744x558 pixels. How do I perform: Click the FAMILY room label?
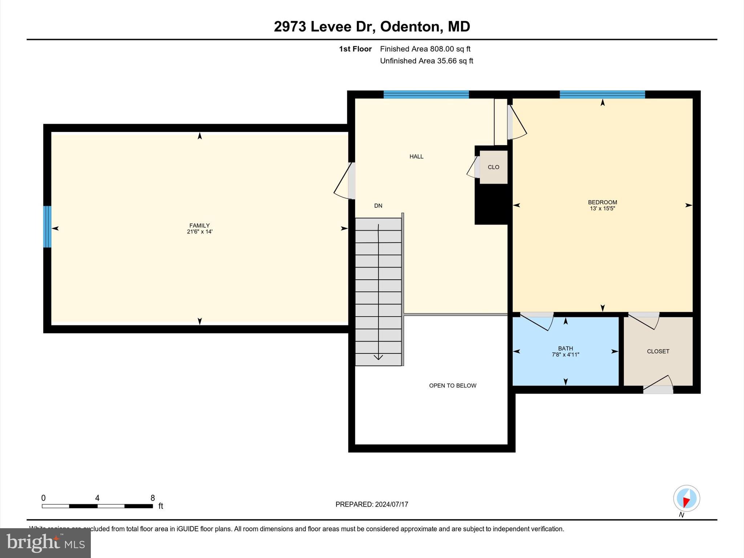click(199, 225)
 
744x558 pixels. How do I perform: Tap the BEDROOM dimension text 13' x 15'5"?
click(602, 209)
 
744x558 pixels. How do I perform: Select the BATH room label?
click(565, 348)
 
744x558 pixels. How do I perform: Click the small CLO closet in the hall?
click(493, 167)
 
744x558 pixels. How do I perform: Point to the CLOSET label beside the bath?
click(658, 351)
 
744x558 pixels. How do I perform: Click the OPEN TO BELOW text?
click(452, 385)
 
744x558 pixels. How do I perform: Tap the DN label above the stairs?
click(378, 206)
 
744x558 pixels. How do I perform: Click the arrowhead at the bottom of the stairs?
click(378, 357)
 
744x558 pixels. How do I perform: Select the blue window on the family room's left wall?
click(47, 227)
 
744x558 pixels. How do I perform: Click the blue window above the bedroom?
click(602, 94)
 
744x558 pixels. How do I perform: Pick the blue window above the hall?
click(426, 94)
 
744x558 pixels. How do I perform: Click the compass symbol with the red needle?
click(686, 498)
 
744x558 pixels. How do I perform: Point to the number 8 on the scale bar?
click(153, 498)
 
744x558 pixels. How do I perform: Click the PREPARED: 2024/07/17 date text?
click(372, 504)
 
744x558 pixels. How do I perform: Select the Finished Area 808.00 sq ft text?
click(425, 49)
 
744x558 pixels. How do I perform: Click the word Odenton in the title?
click(410, 27)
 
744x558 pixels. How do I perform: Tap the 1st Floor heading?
click(355, 49)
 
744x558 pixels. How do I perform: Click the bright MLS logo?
click(45, 543)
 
